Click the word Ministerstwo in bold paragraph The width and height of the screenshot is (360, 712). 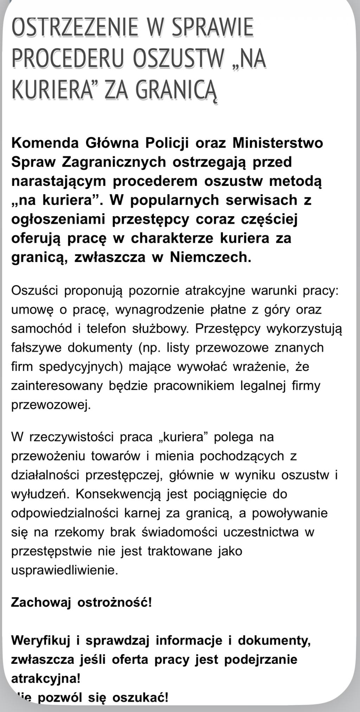278,143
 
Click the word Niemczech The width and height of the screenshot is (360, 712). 211,257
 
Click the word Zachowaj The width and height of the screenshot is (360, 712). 41,602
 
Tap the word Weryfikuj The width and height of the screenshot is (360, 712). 41,640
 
